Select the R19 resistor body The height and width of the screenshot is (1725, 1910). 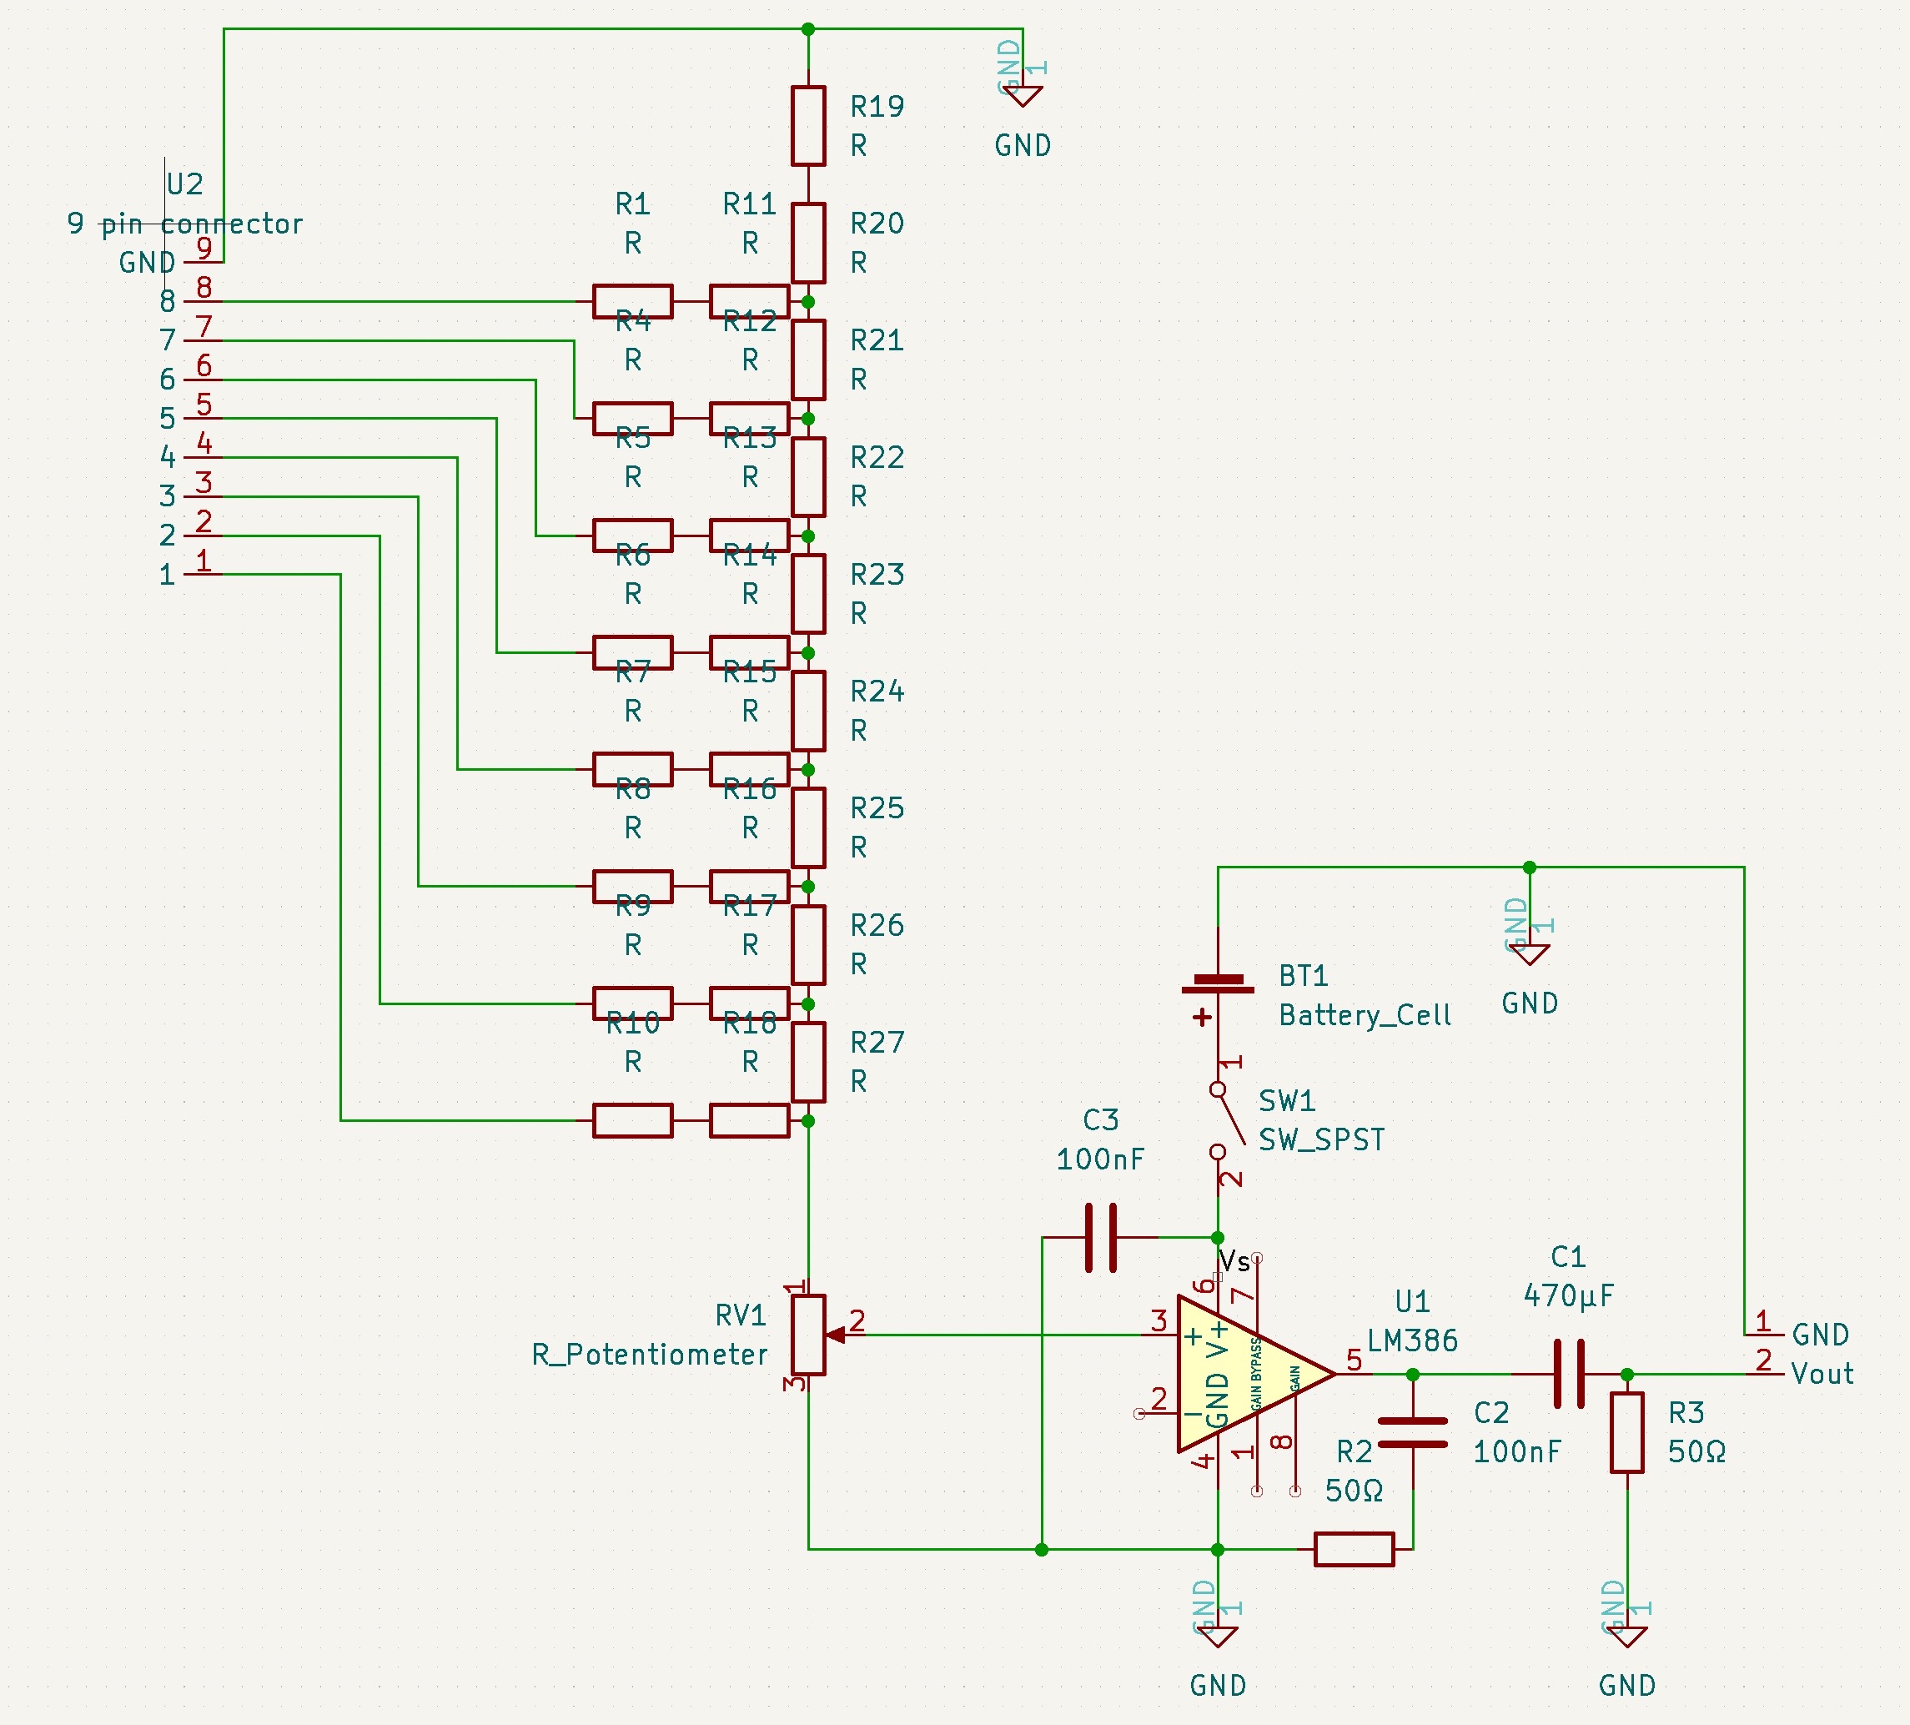pyautogui.click(x=808, y=126)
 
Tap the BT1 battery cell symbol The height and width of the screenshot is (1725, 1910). pyautogui.click(x=1218, y=984)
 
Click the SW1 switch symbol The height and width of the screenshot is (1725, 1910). pyautogui.click(x=1229, y=1119)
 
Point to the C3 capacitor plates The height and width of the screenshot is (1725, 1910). pyautogui.click(x=1100, y=1237)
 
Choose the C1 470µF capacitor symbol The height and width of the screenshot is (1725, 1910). pyautogui.click(x=1569, y=1374)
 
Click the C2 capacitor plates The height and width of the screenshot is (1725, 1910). pyautogui.click(x=1413, y=1432)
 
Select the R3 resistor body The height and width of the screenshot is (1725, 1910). pyautogui.click(x=1626, y=1432)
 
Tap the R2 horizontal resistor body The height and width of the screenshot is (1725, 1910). pyautogui.click(x=1354, y=1550)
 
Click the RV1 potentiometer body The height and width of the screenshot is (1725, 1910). pyautogui.click(x=808, y=1335)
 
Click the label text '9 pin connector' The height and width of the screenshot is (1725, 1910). pyautogui.click(x=185, y=224)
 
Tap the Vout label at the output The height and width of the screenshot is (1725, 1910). pyautogui.click(x=1821, y=1374)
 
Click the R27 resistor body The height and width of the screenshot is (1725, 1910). pyautogui.click(x=808, y=1062)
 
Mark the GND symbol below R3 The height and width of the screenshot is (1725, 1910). pyautogui.click(x=1626, y=1637)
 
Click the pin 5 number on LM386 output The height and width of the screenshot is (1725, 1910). pyautogui.click(x=1354, y=1360)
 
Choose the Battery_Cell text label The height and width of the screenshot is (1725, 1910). pyautogui.click(x=1365, y=1015)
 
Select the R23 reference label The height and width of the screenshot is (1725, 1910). pyautogui.click(x=877, y=575)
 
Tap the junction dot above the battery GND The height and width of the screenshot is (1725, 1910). pyautogui.click(x=1529, y=867)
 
